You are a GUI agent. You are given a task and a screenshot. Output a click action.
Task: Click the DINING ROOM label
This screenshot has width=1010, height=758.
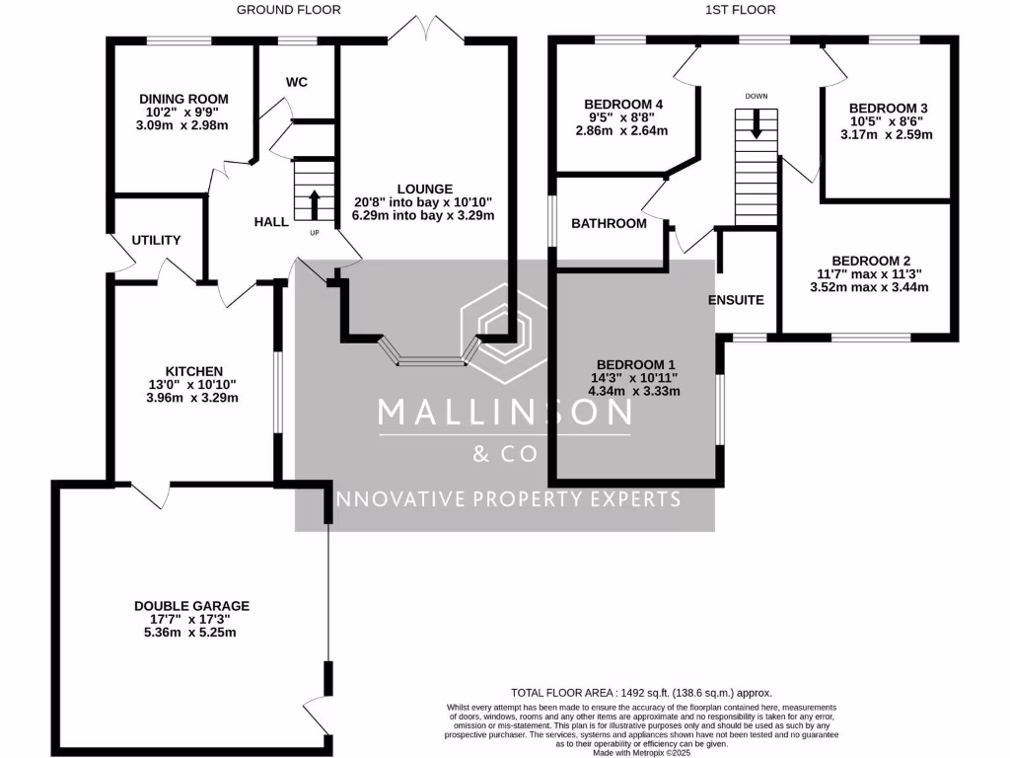(183, 100)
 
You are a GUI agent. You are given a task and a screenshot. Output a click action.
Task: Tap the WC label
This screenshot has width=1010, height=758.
(297, 82)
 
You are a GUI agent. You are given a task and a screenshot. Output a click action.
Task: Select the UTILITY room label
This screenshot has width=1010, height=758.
(156, 240)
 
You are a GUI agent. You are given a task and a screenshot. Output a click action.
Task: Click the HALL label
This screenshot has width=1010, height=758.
(271, 222)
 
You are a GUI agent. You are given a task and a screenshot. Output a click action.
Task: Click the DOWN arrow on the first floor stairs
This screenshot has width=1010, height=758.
(757, 123)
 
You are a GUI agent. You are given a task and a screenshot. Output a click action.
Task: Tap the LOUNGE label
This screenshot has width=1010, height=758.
(424, 189)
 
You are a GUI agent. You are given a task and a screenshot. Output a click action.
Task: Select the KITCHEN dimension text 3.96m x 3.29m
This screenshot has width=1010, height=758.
(192, 398)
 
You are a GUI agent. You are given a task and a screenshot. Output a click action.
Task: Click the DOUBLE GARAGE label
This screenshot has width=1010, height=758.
(192, 606)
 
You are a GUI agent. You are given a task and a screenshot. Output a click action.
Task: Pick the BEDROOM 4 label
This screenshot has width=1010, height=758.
(623, 105)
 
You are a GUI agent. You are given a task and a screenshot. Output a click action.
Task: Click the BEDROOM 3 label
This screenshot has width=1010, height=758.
(889, 109)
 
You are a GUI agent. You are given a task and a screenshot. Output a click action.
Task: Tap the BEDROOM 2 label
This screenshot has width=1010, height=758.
(871, 261)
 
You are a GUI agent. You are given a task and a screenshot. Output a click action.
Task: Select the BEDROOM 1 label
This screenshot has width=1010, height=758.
(636, 365)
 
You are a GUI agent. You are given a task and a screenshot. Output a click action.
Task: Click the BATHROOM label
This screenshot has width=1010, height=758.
(609, 224)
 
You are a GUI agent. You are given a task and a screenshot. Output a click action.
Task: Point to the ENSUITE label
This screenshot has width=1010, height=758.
(736, 300)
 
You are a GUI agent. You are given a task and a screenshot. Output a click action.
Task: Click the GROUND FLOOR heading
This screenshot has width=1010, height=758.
(289, 10)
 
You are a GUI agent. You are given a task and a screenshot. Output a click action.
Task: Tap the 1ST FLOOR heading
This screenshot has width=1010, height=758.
(741, 10)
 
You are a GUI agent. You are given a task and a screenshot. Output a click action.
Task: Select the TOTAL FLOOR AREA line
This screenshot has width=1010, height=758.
(641, 693)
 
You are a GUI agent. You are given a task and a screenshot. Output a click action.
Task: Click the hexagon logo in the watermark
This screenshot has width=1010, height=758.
(504, 334)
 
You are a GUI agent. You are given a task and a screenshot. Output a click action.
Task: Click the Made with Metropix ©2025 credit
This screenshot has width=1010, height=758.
(641, 752)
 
